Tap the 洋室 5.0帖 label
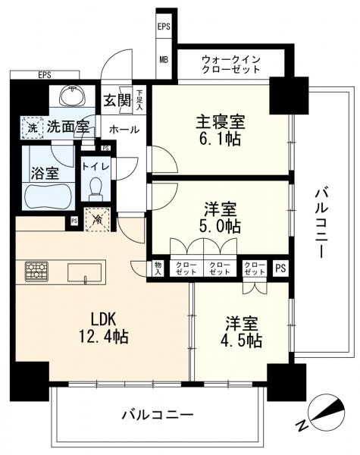pyautogui.click(x=222, y=216)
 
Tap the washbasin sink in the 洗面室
pyautogui.click(x=74, y=96)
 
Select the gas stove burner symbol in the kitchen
pyautogui.click(x=36, y=270)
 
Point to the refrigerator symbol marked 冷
pyautogui.click(x=99, y=219)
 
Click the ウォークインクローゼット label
pyautogui.click(x=230, y=63)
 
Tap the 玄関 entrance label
pyautogui.click(x=117, y=100)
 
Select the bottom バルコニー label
pyautogui.click(x=157, y=416)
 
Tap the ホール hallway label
pyautogui.click(x=123, y=129)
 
